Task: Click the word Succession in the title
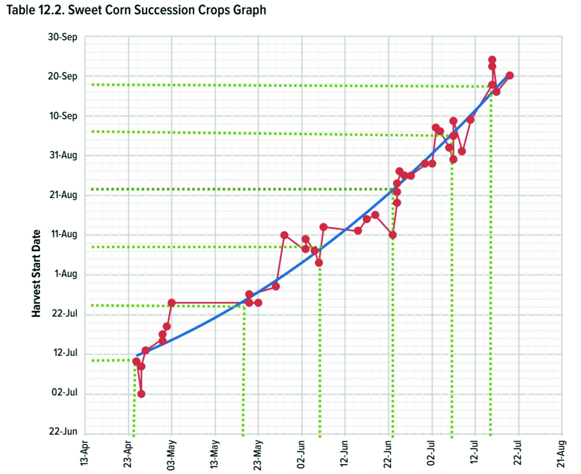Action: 164,10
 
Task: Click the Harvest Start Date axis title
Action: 36,273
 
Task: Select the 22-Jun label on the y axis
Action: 63,431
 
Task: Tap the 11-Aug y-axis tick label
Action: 64,234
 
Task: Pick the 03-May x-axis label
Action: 171,454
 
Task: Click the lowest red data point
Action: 141,394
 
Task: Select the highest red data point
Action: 492,60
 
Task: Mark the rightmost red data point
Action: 510,75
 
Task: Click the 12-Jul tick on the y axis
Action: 65,352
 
